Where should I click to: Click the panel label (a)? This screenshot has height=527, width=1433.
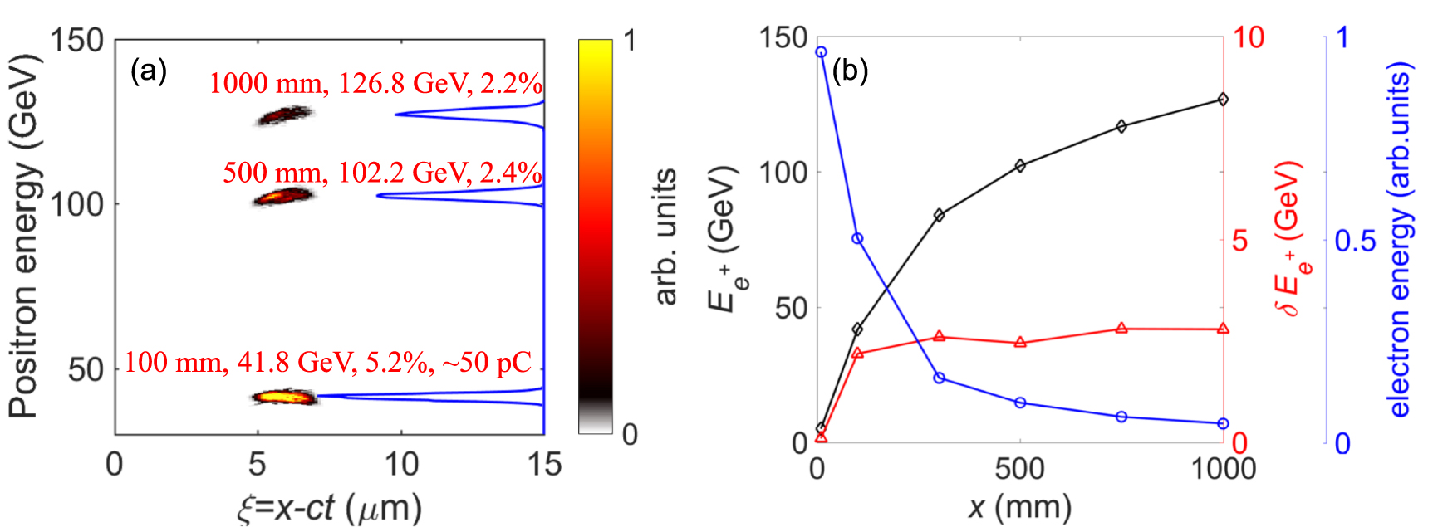[149, 72]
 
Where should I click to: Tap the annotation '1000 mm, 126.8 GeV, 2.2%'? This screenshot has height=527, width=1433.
[375, 84]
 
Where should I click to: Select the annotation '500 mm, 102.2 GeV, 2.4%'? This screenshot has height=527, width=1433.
[382, 173]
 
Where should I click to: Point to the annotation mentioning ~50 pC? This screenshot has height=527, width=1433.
[327, 363]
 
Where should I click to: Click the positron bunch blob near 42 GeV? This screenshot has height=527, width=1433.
[285, 398]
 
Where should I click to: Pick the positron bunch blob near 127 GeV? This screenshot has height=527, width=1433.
[284, 115]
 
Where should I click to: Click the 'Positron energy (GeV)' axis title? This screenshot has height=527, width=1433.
[24, 236]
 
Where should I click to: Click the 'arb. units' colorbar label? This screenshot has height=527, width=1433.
[666, 237]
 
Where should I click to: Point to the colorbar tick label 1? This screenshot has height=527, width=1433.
[630, 40]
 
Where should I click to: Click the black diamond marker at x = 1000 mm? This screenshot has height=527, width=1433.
[1223, 100]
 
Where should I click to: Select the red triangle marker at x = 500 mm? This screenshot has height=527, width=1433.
[1020, 342]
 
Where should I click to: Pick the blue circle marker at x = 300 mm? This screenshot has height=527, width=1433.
[939, 378]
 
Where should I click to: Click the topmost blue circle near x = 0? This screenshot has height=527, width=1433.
[821, 52]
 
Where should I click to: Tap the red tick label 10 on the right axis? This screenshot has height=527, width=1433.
[1248, 37]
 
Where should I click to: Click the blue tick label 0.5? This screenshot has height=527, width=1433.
[1355, 242]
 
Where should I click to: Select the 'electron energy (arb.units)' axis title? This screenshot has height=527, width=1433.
[1400, 241]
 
